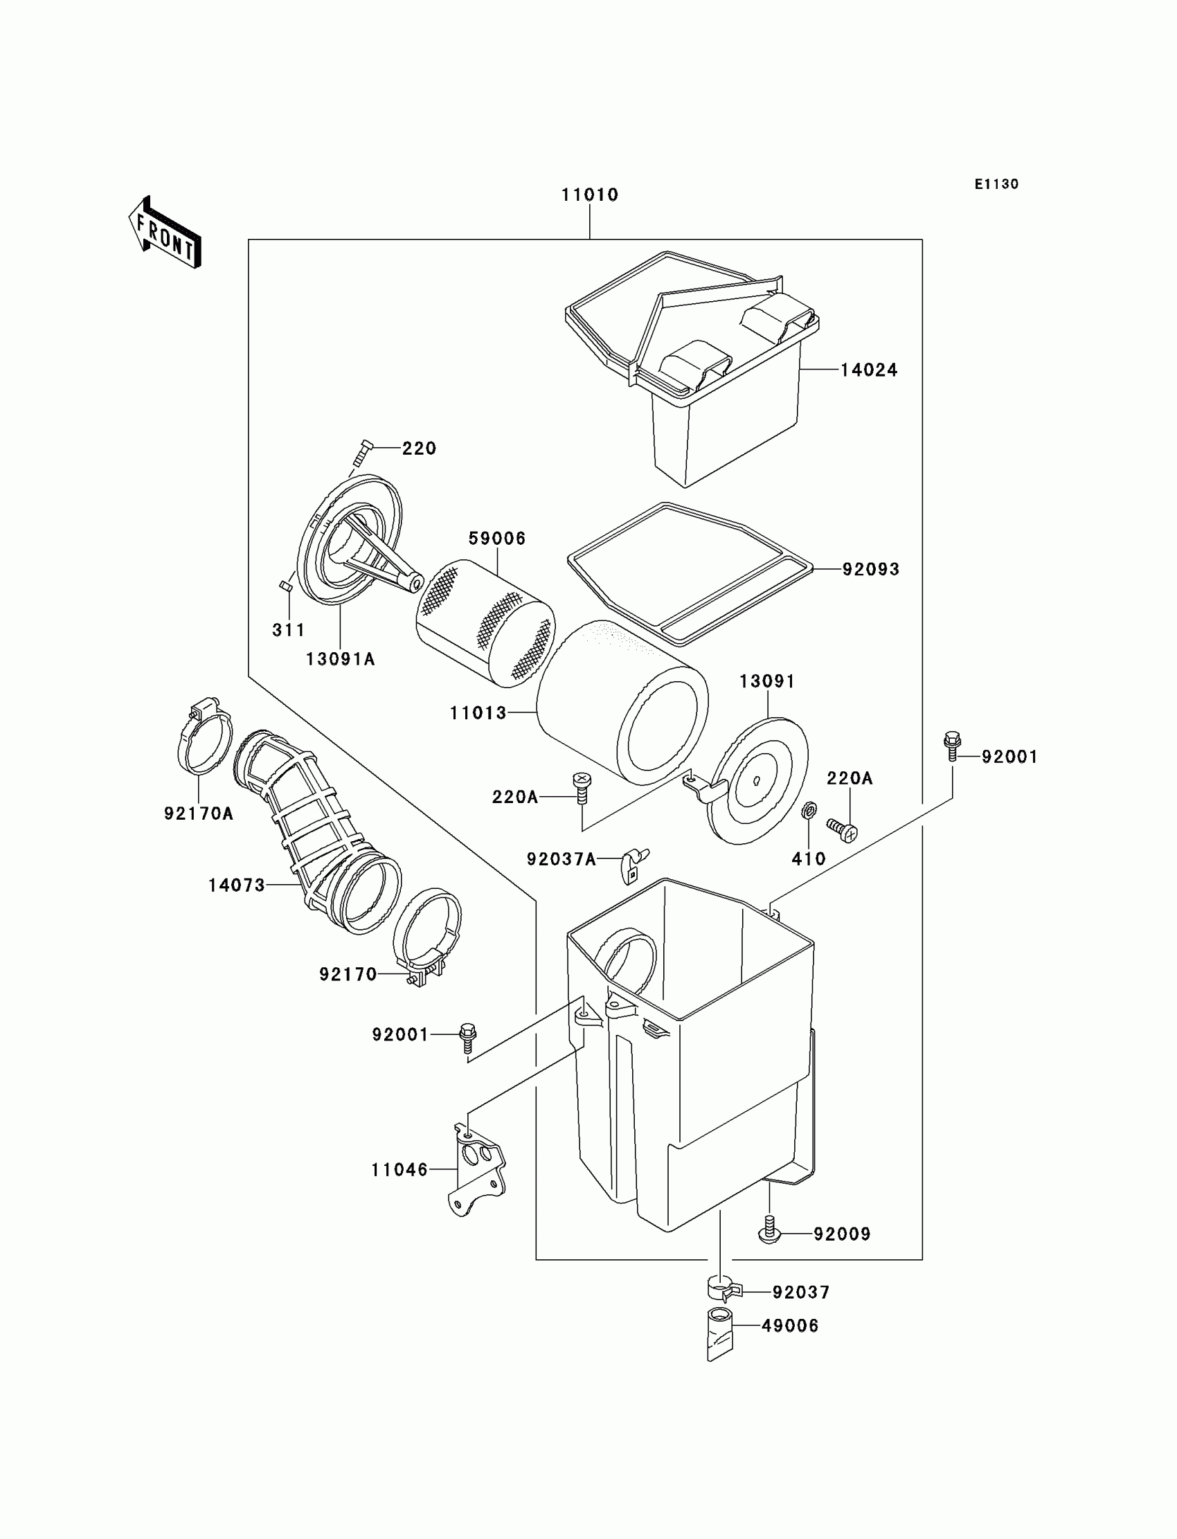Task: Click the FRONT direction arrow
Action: (165, 232)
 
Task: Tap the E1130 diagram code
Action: (996, 184)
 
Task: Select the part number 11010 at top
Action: (589, 195)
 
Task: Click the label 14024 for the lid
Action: (869, 370)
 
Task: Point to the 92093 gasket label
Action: (870, 569)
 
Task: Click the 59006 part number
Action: (496, 538)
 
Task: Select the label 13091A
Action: (341, 658)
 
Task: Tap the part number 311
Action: (289, 630)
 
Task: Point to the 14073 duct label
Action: (237, 885)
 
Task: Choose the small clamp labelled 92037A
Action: (634, 863)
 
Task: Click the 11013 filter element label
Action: (478, 713)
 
